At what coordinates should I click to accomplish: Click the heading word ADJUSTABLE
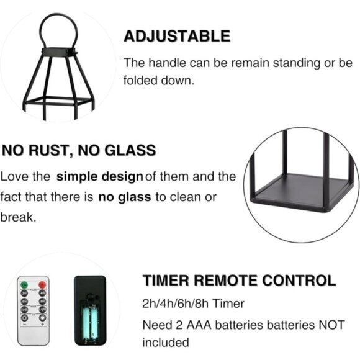click(x=177, y=36)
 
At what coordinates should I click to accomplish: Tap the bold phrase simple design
click(x=99, y=177)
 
